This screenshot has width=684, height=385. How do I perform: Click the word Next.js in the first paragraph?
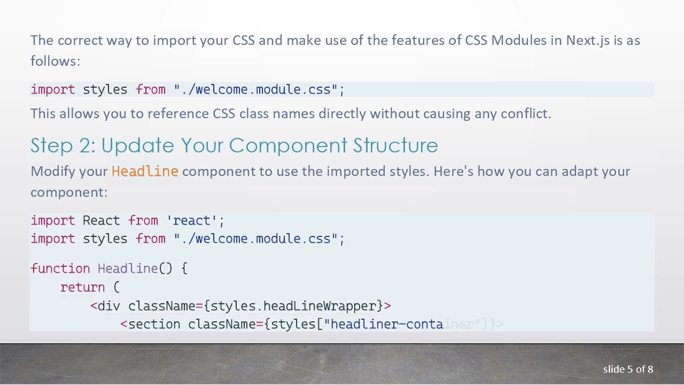[x=588, y=41]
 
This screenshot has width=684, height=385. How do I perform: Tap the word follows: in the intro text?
[x=55, y=61]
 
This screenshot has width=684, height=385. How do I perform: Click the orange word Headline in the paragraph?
[x=144, y=172]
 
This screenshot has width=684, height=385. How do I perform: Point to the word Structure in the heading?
[x=395, y=146]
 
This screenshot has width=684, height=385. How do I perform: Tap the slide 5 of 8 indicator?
[x=628, y=369]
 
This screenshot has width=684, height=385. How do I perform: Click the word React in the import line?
[x=101, y=221]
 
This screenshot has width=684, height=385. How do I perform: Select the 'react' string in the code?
[x=195, y=221]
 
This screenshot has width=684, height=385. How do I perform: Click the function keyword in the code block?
[x=60, y=268]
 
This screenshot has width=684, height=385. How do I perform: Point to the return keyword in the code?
[x=82, y=287]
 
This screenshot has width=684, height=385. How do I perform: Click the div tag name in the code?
[x=108, y=306]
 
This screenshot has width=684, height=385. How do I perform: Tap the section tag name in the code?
[x=154, y=325]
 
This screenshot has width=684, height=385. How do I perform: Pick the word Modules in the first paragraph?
[x=518, y=41]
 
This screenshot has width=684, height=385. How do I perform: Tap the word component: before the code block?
[x=69, y=192]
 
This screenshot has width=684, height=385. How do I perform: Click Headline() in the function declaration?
[x=135, y=268]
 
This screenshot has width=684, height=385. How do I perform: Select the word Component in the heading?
[x=288, y=146]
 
